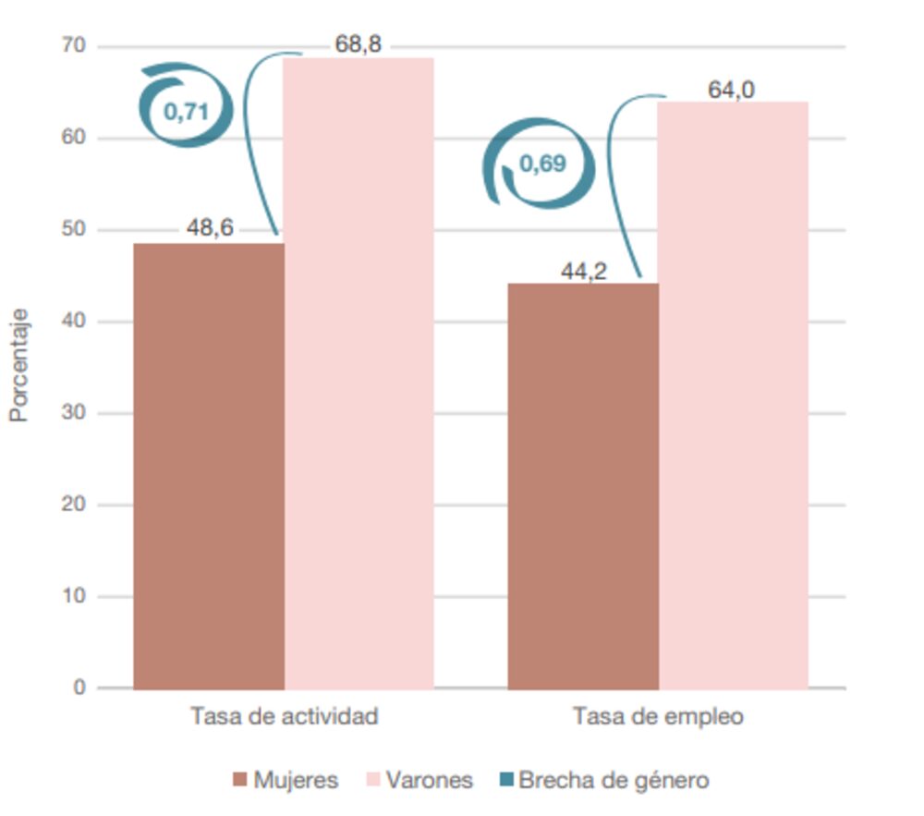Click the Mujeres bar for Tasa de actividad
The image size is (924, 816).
pos(209,466)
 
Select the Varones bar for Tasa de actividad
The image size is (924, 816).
pos(359,373)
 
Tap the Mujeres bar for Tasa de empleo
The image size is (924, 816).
pos(583,486)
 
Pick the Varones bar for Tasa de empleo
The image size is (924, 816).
pos(734,395)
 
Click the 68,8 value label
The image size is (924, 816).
pos(359,43)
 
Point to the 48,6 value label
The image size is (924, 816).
pos(210,228)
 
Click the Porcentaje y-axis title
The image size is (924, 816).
pos(19,366)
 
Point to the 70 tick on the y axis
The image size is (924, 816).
pos(76,46)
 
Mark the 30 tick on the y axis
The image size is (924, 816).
pos(76,413)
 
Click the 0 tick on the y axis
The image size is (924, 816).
pos(80,688)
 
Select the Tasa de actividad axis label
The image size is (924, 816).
pos(285,717)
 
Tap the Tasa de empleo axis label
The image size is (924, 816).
pos(658,717)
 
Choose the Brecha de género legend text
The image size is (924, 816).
pos(614,780)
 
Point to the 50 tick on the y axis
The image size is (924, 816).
pos(76,229)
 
